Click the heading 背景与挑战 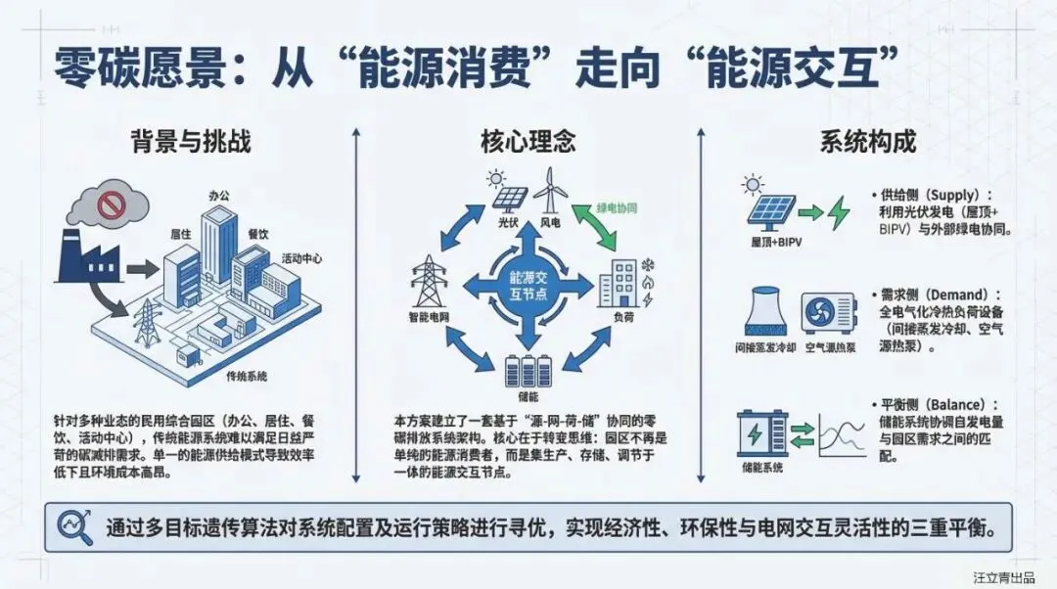tap(191, 142)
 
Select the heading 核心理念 tap(528, 142)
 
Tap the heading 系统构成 tap(867, 142)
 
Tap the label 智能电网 tap(429, 318)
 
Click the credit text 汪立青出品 tap(1003, 577)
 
